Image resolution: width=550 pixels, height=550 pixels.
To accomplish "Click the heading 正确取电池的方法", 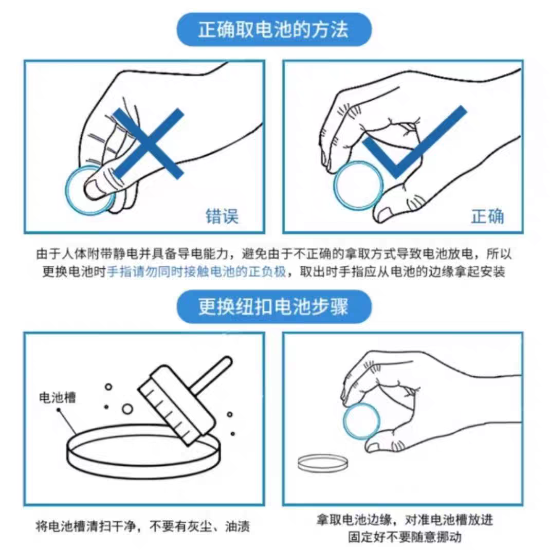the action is [273, 29].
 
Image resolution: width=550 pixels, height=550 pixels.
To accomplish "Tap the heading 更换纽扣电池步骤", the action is [273, 306].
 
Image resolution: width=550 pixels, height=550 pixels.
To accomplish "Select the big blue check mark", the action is [414, 142].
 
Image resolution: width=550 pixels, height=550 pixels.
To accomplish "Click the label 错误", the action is [222, 216].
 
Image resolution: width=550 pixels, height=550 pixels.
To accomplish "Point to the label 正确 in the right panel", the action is [488, 216].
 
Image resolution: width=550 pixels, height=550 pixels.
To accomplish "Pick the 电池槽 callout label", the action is [57, 397].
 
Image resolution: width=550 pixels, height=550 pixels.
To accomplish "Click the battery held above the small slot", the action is [361, 421].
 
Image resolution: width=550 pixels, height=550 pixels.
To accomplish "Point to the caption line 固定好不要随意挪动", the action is [405, 537].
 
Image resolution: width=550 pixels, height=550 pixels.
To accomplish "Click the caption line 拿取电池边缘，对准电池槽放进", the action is [405, 520].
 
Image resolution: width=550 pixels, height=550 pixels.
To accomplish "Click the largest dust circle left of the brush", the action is [127, 409].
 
